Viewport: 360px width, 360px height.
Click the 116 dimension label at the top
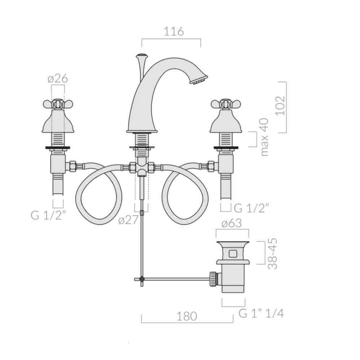point(174,31)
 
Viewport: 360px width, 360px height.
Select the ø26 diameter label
point(58,79)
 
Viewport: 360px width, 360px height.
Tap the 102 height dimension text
point(280,105)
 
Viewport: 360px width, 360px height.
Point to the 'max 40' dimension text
point(265,137)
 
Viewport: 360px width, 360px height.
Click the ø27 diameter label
point(129,220)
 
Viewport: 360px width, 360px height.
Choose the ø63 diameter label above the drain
point(231,223)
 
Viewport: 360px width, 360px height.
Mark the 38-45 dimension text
point(273,253)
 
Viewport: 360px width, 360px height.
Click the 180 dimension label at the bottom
point(186,316)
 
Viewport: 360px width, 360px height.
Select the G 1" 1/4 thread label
point(261,314)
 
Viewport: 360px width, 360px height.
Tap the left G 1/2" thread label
point(48,215)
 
